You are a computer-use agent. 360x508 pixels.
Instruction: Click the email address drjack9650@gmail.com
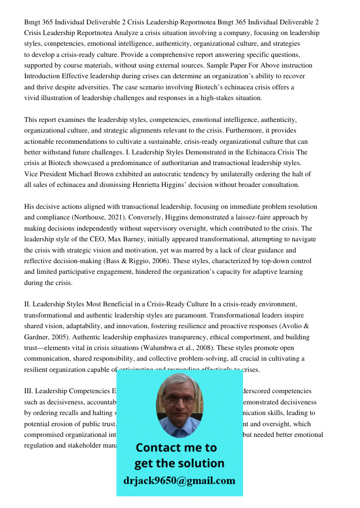tap(179, 480)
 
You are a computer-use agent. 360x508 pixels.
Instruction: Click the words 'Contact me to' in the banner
tap(176, 448)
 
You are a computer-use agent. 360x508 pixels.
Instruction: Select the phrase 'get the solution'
tap(179, 463)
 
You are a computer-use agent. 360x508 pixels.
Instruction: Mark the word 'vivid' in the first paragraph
tap(32, 98)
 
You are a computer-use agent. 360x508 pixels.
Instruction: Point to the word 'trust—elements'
tap(47, 348)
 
